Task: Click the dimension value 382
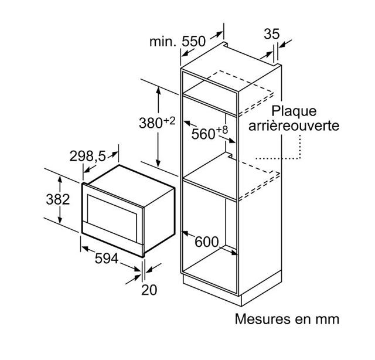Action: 58,199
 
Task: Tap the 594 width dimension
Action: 107,259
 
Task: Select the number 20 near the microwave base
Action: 149,290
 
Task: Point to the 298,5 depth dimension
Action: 87,157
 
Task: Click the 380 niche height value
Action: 151,123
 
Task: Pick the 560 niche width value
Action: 203,134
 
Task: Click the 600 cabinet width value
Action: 207,242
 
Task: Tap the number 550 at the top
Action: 194,42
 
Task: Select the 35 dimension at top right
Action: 272,34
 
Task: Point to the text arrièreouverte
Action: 294,125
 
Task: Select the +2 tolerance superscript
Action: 169,121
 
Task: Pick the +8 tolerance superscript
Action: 222,130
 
